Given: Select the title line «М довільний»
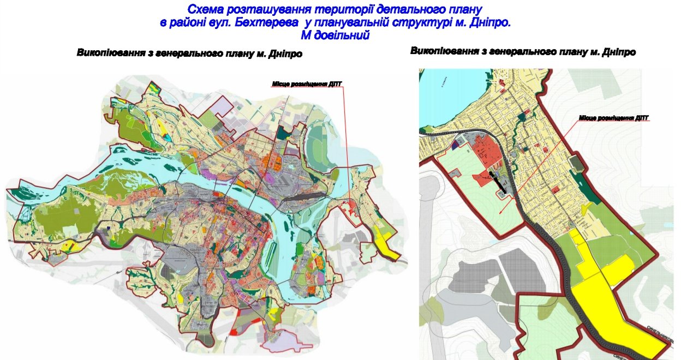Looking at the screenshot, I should [x=336, y=35].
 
